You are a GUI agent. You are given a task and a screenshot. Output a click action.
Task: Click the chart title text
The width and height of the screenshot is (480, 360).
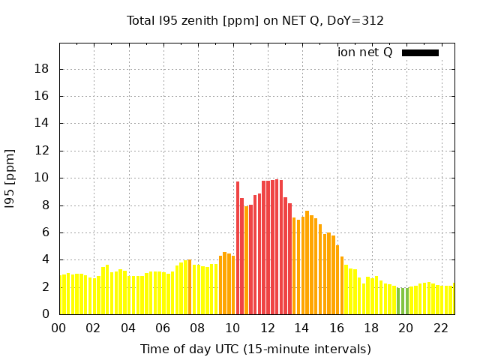pos(255,20)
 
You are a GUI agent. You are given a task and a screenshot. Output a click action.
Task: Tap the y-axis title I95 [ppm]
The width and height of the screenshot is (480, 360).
pos(10,178)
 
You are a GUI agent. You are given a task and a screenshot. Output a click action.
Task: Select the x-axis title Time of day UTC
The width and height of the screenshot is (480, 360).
pos(255,349)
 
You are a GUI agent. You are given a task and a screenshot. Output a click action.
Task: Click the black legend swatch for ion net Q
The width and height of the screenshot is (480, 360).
pos(420,52)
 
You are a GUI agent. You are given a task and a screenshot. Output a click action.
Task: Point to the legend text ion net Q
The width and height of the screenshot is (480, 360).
pos(365,52)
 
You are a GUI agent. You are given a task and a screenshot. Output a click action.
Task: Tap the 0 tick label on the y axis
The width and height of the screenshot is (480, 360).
pos(46,314)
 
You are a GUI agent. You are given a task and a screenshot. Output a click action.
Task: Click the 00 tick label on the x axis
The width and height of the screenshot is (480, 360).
pos(58,328)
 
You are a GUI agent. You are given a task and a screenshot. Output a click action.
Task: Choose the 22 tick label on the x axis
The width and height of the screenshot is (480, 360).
pos(440,328)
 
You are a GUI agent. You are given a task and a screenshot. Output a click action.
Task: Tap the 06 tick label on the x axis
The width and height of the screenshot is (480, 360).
pos(163,328)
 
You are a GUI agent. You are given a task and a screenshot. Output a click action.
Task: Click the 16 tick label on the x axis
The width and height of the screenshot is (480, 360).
pos(336,328)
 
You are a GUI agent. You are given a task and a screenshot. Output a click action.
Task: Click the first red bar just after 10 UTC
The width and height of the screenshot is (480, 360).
pos(238,247)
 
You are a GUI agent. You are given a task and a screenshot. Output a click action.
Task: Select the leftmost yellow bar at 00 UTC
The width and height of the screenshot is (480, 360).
pos(61,295)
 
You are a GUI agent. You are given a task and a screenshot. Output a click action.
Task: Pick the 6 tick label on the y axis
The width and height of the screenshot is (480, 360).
pos(46,232)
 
